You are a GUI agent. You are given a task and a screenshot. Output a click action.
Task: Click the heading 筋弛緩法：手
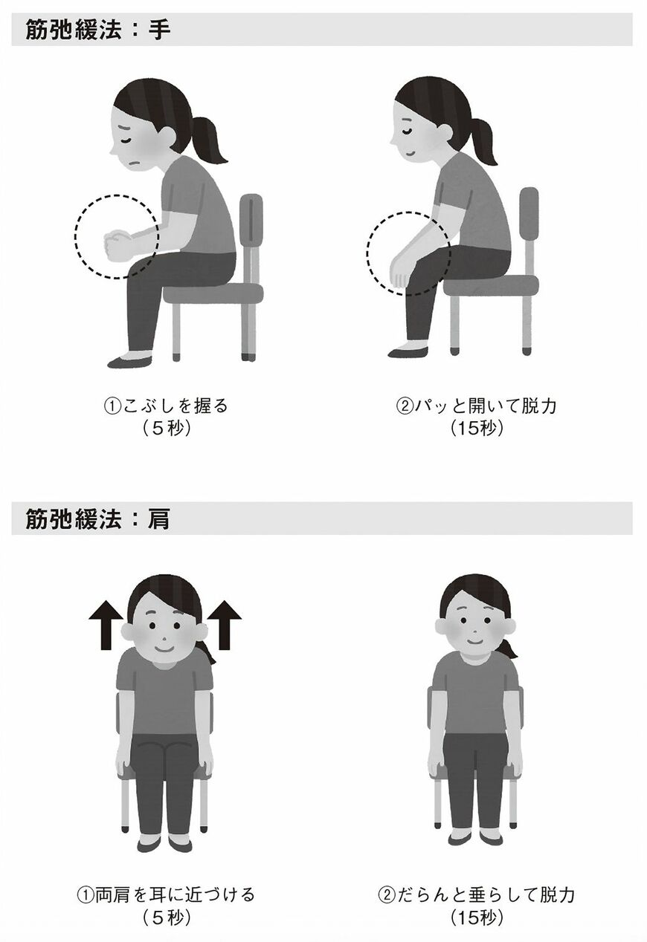[x=97, y=30]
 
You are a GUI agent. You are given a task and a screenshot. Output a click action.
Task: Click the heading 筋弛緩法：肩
[x=97, y=519]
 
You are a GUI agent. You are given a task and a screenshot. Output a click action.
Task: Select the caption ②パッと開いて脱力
[x=476, y=407]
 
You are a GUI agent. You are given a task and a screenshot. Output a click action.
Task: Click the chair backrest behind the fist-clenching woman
[x=251, y=223]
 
